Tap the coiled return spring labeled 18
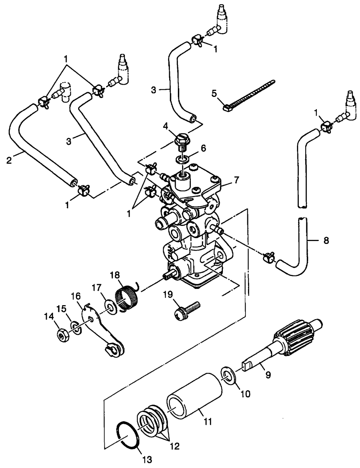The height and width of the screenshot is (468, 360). [126, 294]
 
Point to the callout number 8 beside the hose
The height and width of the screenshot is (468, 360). [326, 240]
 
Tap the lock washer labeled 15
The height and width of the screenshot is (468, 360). [76, 328]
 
